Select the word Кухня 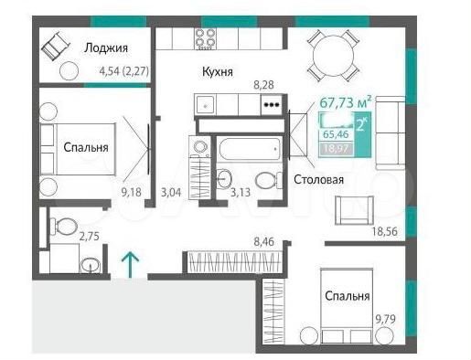point(218,70)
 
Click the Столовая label point(318,180)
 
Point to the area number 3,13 point(241,193)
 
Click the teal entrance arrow point(132,263)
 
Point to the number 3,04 point(171,193)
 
